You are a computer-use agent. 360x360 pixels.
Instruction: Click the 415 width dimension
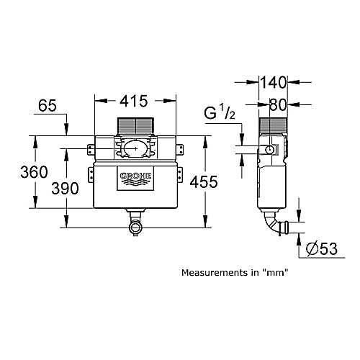134,101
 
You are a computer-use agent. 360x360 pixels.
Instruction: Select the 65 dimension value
48,106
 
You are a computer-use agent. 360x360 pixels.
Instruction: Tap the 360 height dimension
34,172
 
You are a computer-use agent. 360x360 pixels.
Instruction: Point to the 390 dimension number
65,188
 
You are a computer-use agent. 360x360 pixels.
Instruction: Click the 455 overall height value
204,181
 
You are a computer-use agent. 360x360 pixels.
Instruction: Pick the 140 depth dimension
274,82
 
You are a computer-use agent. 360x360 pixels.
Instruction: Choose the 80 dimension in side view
278,104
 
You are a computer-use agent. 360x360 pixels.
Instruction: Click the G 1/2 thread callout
220,112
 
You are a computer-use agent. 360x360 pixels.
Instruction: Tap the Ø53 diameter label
322,248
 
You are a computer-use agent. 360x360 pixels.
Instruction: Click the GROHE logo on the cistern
135,179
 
